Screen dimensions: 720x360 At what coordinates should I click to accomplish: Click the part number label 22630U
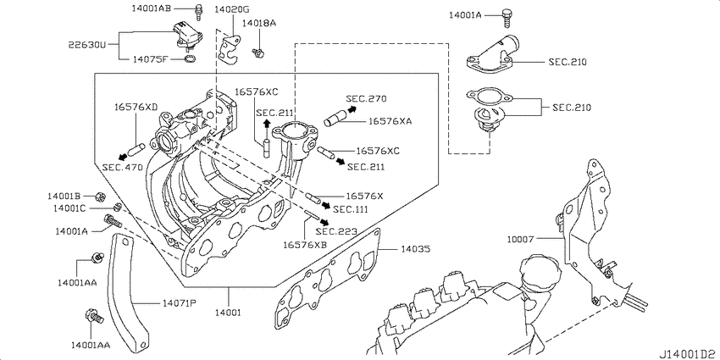pos(87,45)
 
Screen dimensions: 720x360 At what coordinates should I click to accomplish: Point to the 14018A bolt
pos(258,53)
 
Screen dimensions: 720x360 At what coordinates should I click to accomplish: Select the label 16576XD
pos(136,107)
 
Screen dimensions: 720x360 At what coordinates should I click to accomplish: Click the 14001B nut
pos(99,197)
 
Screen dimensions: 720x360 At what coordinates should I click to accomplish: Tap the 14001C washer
pos(118,208)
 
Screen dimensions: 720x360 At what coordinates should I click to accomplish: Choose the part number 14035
pos(415,249)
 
